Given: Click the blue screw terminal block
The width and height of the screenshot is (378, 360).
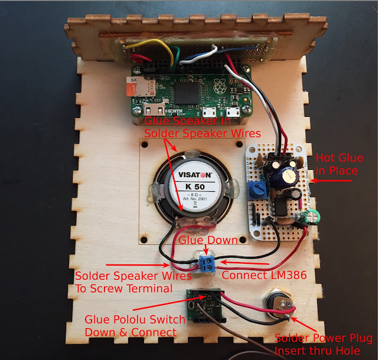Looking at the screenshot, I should pyautogui.click(x=206, y=263).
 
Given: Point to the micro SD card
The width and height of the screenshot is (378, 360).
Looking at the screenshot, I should pyautogui.click(x=134, y=87).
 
